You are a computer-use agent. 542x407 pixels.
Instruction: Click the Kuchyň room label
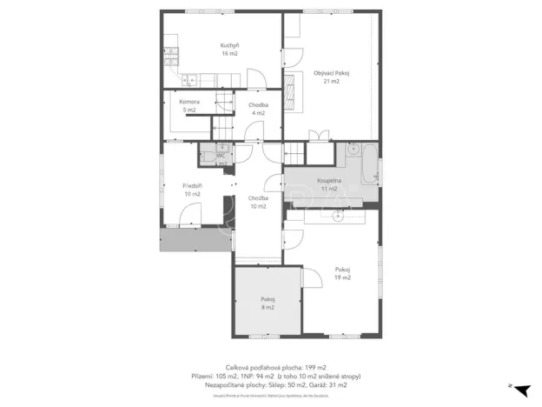229,49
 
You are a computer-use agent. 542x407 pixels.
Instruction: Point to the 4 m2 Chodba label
258,109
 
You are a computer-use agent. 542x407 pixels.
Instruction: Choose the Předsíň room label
192,190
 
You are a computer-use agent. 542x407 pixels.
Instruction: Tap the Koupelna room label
328,184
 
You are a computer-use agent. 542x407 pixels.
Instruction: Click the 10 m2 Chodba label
258,202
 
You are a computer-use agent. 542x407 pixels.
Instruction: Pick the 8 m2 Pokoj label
268,303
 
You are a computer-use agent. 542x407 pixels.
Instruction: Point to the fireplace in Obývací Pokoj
290,90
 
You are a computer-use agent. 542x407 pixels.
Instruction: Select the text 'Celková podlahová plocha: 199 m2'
275,368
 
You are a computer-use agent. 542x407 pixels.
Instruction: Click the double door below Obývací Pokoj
319,137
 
